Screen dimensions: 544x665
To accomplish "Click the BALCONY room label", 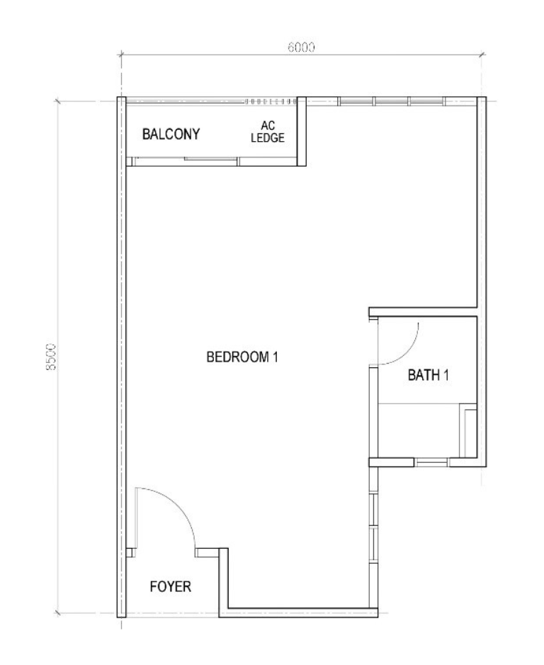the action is [x=171, y=134].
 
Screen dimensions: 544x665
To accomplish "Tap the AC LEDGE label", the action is [x=268, y=131].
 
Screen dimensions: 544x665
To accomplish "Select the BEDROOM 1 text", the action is [x=242, y=357].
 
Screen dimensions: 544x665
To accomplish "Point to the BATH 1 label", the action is [x=428, y=375].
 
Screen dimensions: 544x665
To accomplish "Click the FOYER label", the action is [x=170, y=586].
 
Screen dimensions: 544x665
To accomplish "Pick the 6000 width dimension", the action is [x=301, y=47].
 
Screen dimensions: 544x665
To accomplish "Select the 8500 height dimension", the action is [x=50, y=356].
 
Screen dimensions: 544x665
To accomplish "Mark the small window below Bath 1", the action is [x=431, y=462].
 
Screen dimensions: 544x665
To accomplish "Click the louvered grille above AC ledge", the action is [x=271, y=101].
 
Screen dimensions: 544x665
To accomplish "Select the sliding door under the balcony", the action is [x=183, y=161].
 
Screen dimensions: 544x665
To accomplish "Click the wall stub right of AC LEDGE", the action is [x=301, y=131].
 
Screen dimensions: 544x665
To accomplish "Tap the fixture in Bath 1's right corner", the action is [x=468, y=430].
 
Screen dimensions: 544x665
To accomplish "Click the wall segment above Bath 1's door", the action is [x=423, y=312].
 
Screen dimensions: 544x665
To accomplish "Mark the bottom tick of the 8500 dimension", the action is [x=58, y=613].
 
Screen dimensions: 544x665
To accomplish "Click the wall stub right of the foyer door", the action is [x=207, y=552].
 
